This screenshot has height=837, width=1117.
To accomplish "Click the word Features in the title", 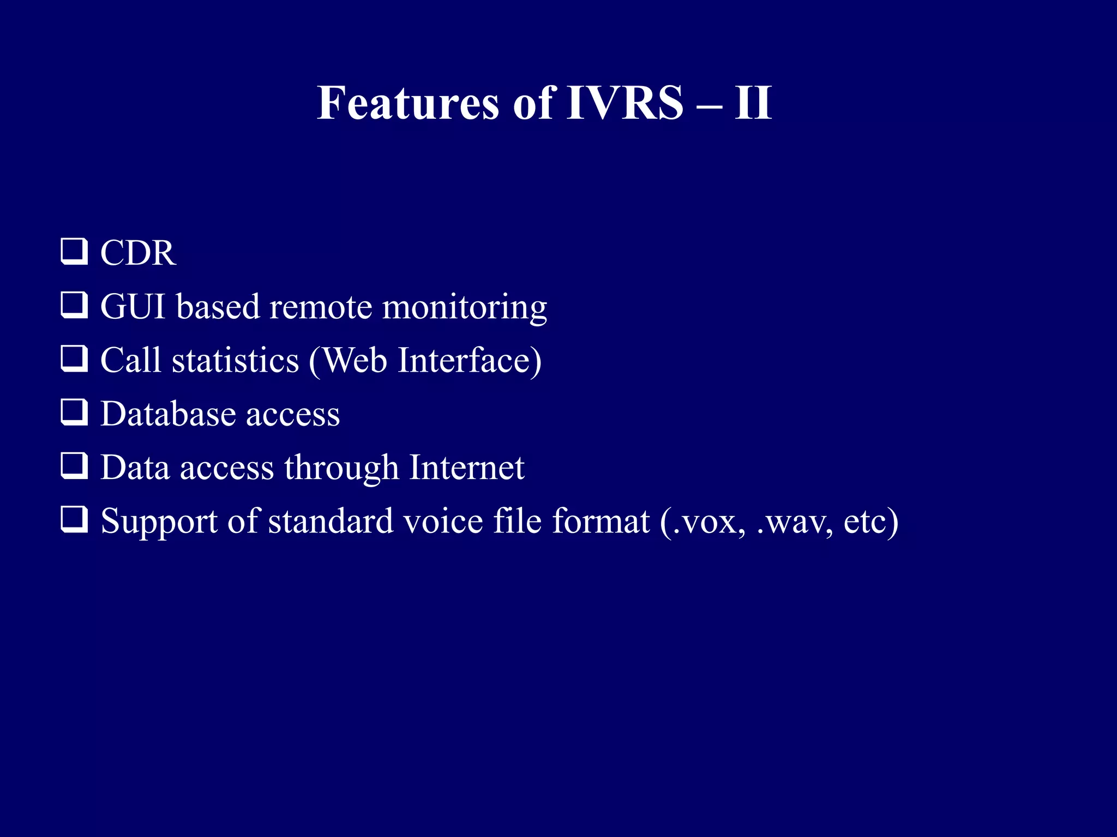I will pos(407,103).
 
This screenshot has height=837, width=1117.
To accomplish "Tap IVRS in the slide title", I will pos(624,103).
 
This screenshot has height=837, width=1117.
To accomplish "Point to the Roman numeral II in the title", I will pos(753,103).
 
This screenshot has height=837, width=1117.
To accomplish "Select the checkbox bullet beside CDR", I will pos(74,252).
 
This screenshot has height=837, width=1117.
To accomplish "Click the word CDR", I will pos(138,253).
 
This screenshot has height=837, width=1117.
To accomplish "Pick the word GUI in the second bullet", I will pos(133,307).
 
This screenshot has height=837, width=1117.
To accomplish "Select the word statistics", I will pos(235,360).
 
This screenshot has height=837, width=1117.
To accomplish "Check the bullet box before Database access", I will pos(74,412).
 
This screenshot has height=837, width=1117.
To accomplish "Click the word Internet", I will pos(466,467).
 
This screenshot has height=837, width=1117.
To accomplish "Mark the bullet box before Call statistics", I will pos(74,359).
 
